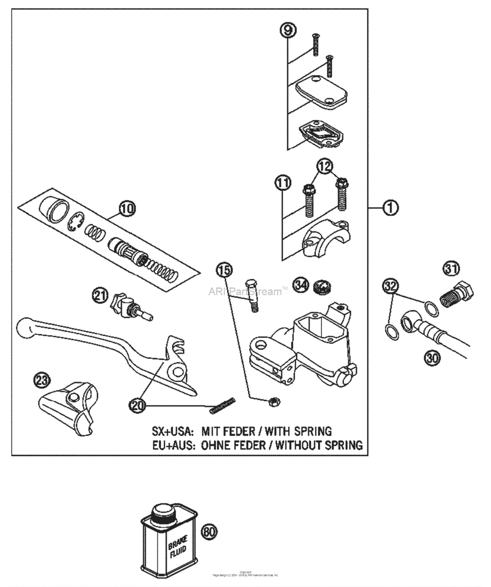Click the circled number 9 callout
288,30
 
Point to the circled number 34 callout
301,286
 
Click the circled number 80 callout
209,532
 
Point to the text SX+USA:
174,431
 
